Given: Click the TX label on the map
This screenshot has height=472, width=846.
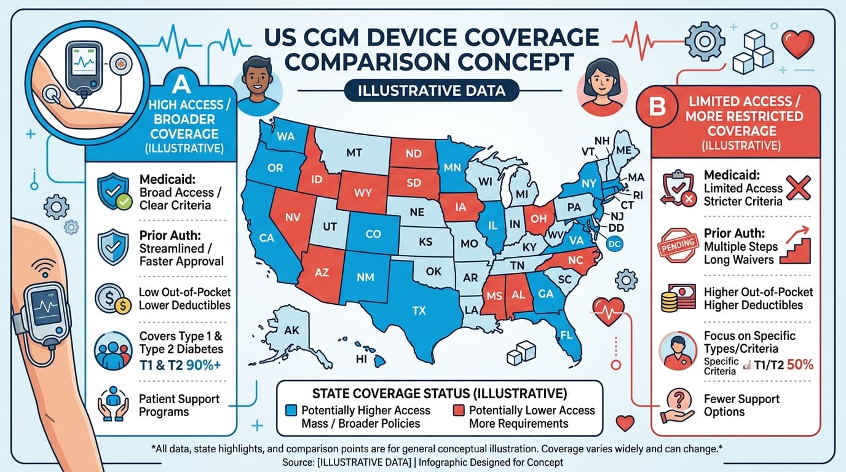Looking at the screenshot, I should tap(419, 310).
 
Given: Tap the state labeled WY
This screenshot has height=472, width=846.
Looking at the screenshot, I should tap(363, 192).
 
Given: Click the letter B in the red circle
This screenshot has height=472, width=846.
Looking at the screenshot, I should tap(657, 108).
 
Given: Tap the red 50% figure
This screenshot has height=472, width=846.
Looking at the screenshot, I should tap(799, 364).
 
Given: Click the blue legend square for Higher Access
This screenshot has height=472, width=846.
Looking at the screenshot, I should tap(292, 410).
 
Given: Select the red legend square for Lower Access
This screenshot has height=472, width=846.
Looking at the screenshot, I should tap(459, 410).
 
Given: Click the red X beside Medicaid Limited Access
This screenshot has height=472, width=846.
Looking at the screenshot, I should tap(799, 187).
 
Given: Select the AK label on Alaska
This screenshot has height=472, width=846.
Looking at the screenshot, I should tap(292, 330).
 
